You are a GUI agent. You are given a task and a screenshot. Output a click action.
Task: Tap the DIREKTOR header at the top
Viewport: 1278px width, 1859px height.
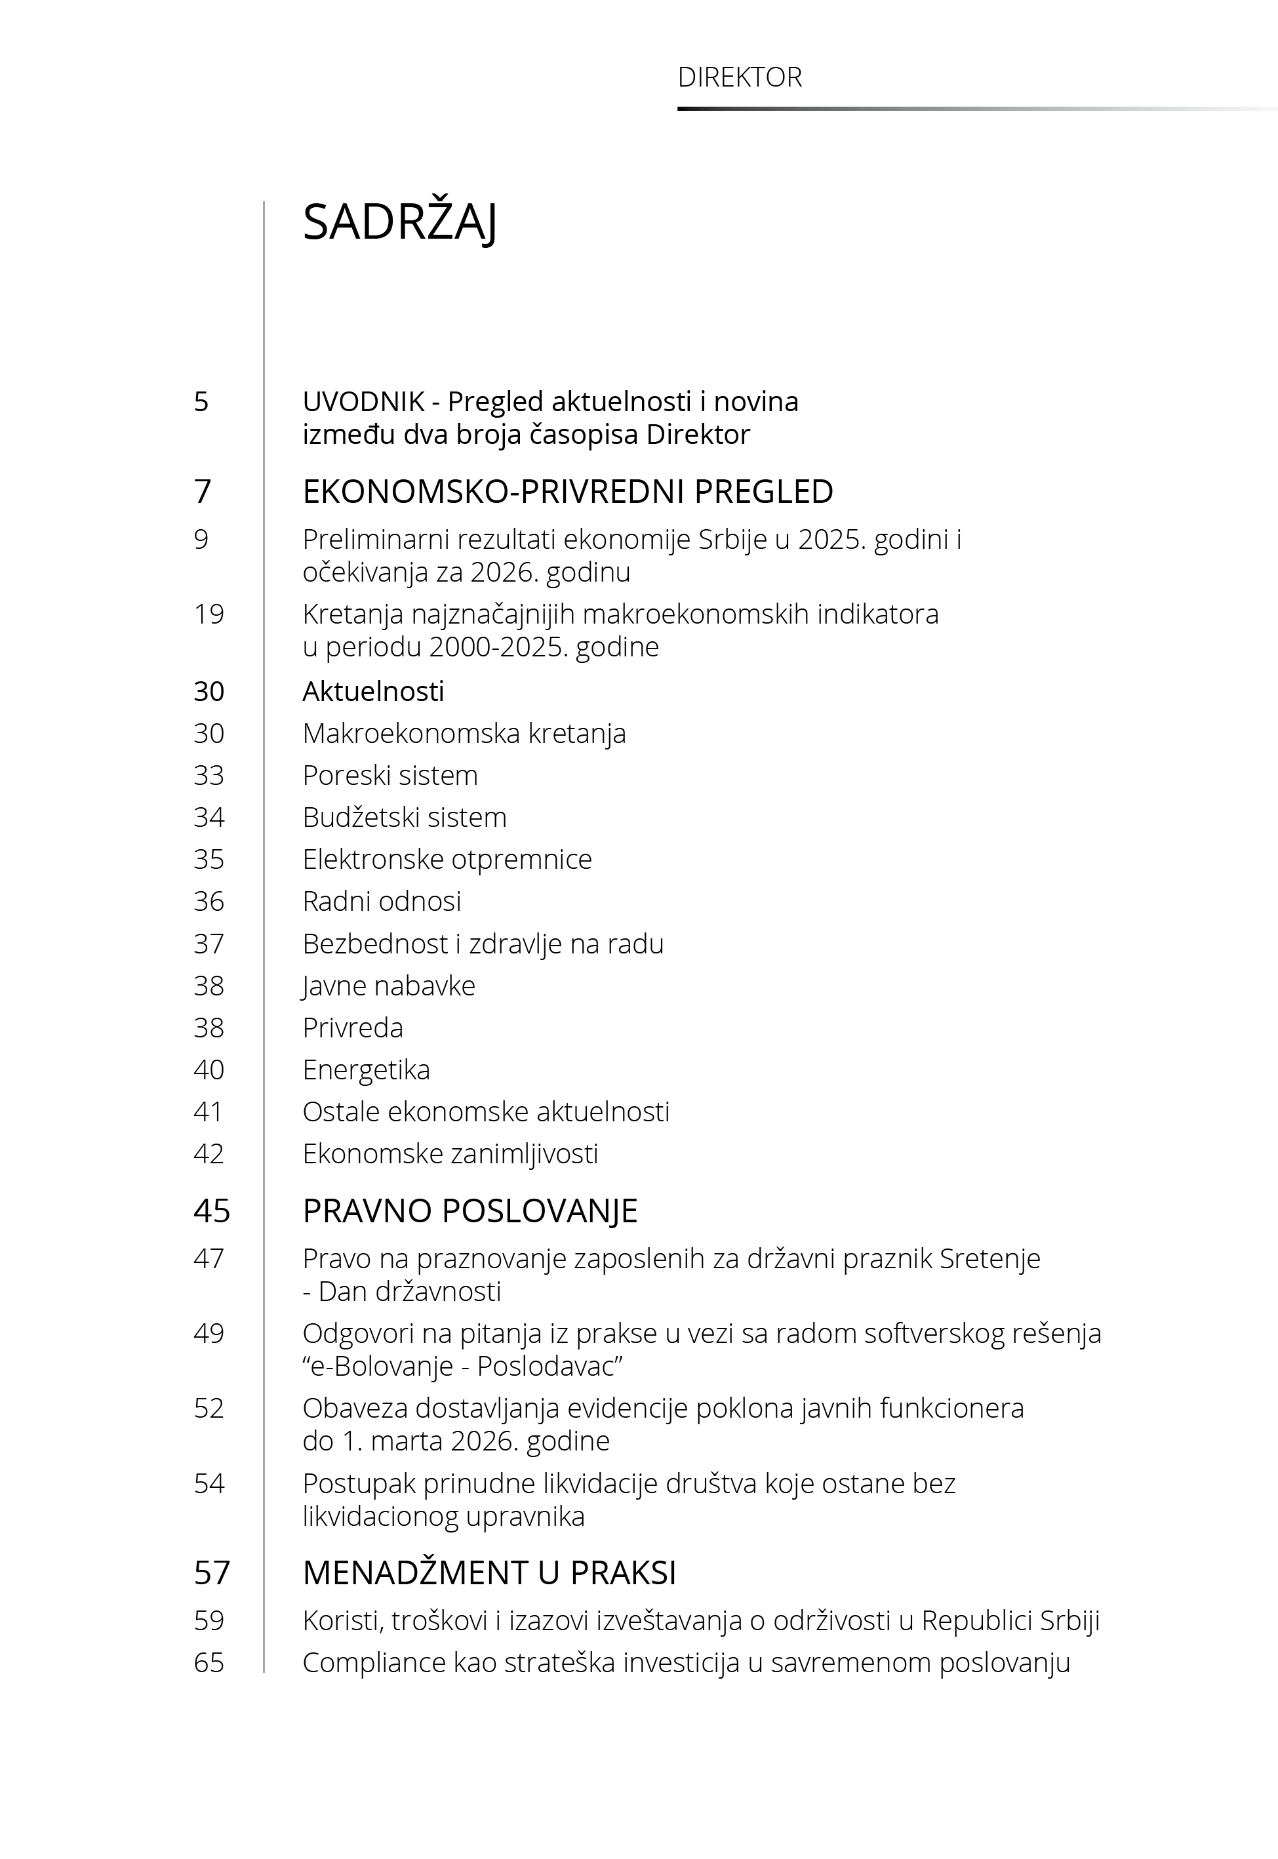coord(739,77)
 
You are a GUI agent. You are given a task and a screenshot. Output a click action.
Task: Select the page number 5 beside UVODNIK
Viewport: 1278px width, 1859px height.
coord(201,401)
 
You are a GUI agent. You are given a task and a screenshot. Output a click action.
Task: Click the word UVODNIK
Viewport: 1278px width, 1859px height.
coord(363,401)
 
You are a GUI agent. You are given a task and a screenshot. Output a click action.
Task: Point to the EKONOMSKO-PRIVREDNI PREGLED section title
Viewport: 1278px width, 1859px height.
coord(568,492)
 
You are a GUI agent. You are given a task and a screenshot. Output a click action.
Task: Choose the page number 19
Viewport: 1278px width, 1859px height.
coord(209,614)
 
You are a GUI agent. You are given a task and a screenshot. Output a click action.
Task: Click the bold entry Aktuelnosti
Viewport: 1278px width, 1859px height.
coord(373,691)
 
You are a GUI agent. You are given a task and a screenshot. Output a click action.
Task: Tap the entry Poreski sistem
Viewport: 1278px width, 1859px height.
coord(390,775)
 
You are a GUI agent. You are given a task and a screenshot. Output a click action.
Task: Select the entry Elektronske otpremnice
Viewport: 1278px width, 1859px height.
coord(447,859)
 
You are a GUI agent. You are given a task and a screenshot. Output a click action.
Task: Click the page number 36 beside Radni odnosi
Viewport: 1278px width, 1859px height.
coord(209,902)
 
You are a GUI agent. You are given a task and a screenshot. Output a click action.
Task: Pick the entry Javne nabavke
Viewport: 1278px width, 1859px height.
coord(388,986)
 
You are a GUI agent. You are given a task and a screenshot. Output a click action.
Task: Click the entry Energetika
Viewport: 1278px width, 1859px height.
coord(366,1069)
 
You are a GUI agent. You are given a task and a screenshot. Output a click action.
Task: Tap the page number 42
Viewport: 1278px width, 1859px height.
coord(209,1153)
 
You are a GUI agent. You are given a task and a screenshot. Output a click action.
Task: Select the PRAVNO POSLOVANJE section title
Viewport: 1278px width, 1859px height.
coord(470,1210)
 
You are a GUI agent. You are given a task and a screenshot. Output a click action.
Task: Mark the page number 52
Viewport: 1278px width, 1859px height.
coord(209,1409)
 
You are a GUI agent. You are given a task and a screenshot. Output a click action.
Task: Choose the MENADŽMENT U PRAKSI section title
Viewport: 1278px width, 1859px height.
coord(489,1573)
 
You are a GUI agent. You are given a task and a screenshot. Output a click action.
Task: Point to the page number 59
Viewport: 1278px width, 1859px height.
coord(209,1620)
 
